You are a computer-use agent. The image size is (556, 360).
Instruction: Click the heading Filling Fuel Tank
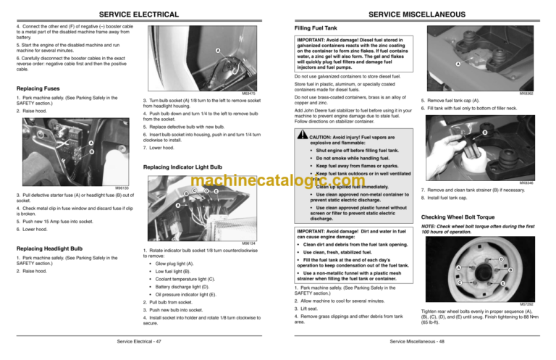[x=316, y=28]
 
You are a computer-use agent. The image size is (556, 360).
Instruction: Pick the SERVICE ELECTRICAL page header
[x=138, y=14]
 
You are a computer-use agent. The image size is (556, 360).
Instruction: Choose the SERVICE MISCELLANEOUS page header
[x=418, y=14]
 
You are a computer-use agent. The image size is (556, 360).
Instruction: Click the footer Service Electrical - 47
[x=140, y=340]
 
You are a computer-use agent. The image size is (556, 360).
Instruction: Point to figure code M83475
[x=250, y=93]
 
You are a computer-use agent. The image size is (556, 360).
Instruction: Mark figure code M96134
[x=250, y=243]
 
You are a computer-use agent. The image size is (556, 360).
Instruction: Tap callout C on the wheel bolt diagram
[x=439, y=282]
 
